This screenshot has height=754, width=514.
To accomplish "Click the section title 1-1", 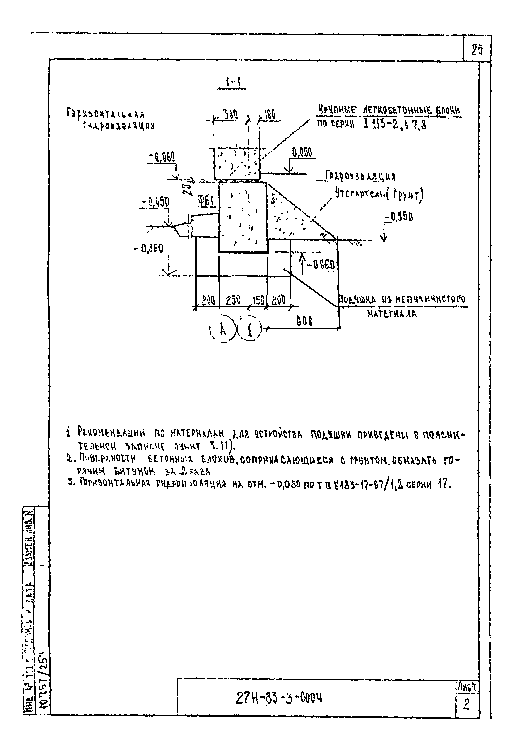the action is point(233,83).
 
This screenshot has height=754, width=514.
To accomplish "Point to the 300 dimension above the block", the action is point(230,114).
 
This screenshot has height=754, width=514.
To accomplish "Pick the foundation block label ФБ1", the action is point(206,202).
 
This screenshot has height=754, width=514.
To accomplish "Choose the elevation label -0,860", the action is point(149,248).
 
